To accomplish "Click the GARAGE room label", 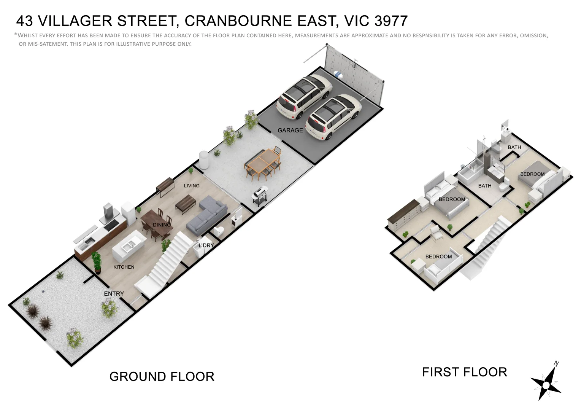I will coord(290,130).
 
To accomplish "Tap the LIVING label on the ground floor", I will coord(192,186).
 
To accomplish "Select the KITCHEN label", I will coord(124,267).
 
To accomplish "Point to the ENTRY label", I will coord(114,293).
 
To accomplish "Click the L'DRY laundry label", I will coord(206,245).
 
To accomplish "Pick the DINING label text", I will coord(162,225).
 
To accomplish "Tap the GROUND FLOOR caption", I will coord(162,376).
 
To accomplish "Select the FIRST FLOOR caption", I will coord(464,372).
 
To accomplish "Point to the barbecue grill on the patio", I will coord(259,196).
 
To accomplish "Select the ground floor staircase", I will coord(164,263).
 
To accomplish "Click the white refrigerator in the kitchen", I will coord(129,214).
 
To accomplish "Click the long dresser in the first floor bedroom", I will coord(404,218).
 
